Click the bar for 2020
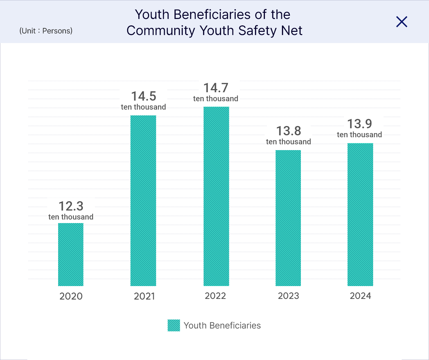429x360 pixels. coord(71,254)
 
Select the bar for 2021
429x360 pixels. coord(143,201)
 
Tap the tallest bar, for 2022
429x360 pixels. coord(216,196)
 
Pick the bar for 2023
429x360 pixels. coord(288,218)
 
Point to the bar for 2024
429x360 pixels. coord(360,214)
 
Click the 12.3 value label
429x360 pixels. coord(71,206)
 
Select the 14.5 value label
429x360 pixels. coord(144,96)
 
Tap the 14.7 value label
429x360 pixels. coord(216,88)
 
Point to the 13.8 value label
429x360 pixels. coord(288,131)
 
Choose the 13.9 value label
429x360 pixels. coord(360,124)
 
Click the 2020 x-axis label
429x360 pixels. coord(71,296)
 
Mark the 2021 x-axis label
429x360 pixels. coord(144,296)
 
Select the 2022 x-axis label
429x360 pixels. coord(215,296)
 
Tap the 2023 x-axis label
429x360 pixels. coord(288,296)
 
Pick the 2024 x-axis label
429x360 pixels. coord(360,296)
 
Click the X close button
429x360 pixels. coord(402,22)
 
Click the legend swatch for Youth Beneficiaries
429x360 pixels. coord(174,325)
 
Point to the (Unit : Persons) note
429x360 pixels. coord(46,31)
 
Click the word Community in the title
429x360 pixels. coord(161,31)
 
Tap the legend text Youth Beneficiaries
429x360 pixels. coord(222,326)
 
